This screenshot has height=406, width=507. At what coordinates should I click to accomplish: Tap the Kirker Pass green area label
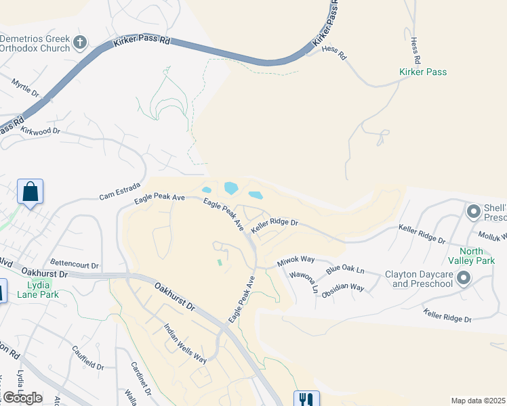[x=423, y=72]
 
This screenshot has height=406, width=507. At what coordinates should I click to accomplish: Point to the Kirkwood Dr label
[x=41, y=131]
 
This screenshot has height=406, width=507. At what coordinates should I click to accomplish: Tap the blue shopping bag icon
[x=31, y=191]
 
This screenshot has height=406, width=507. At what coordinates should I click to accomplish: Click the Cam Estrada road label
[x=119, y=191]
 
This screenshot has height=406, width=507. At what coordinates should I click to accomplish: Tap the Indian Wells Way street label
[x=185, y=344]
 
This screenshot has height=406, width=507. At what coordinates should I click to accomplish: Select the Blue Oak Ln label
[x=345, y=270]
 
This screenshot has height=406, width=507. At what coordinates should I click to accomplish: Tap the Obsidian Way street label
[x=343, y=288]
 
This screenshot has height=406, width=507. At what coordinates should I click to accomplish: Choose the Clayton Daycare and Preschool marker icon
[x=464, y=277]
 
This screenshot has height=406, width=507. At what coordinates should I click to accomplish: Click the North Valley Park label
[x=472, y=255]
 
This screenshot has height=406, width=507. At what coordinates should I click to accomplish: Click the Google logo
[x=22, y=398]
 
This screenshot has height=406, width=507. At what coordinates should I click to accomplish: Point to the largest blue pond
[x=231, y=187]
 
